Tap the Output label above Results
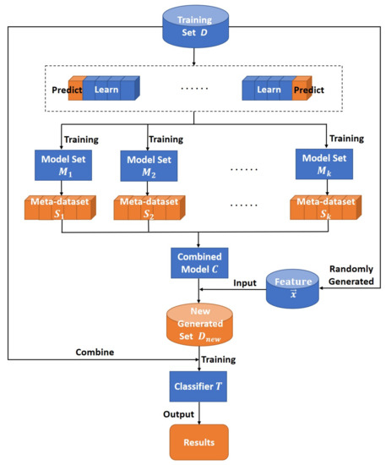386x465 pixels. pyautogui.click(x=178, y=414)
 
